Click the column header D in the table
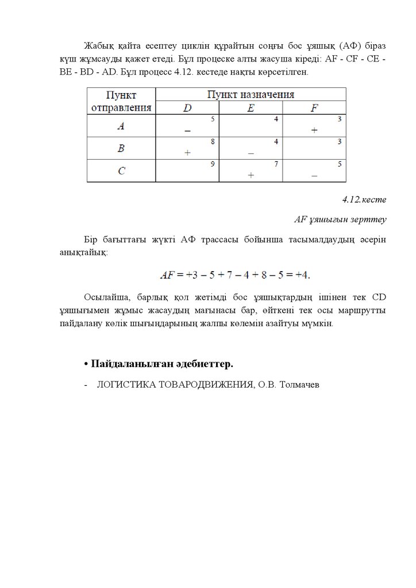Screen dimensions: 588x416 click(x=187, y=107)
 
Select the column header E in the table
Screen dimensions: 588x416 click(x=251, y=107)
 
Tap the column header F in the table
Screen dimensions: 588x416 click(x=314, y=107)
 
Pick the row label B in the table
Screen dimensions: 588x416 click(x=121, y=149)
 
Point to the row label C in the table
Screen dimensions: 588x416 click(x=121, y=171)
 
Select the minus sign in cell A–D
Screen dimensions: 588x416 click(x=188, y=131)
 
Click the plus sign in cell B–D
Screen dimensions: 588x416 click(x=188, y=153)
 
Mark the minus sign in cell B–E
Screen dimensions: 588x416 click(x=251, y=153)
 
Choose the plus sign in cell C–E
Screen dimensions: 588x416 click(x=251, y=175)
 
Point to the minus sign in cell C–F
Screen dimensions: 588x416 click(x=314, y=175)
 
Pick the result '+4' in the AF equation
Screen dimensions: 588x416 click(x=302, y=274)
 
